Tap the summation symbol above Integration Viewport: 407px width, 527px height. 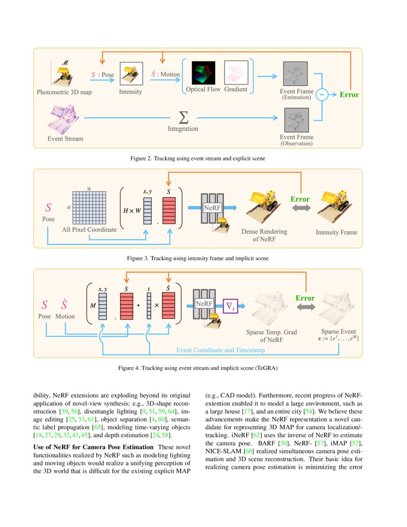coord(182,116)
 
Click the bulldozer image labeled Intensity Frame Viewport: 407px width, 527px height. coord(336,206)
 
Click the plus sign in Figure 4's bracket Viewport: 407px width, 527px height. coord(138,305)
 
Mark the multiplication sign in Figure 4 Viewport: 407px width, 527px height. coord(157,305)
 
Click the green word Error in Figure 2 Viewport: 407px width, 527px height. coord(349,94)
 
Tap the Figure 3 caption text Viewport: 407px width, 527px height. coord(198,258)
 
